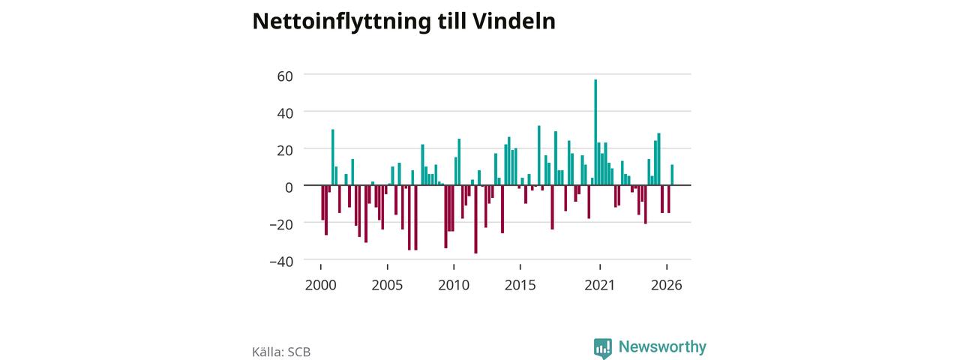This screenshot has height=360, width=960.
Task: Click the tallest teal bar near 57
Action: point(595,133)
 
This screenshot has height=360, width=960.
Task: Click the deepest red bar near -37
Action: point(475,219)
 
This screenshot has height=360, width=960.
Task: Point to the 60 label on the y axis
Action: point(285,76)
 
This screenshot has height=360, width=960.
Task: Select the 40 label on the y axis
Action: point(285,113)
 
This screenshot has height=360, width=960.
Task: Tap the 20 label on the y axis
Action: point(285,151)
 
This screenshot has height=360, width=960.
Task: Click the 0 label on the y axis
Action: point(289,187)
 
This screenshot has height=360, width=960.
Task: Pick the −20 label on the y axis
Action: point(281,224)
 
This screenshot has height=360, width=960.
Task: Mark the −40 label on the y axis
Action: point(281,262)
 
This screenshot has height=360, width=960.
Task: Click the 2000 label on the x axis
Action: point(320,285)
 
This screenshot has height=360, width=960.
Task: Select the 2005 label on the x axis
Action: point(387,285)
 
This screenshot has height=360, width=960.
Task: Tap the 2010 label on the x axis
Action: point(454,285)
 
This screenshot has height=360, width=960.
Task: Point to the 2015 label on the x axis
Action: point(520,285)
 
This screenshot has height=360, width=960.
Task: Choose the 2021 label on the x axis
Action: point(599,285)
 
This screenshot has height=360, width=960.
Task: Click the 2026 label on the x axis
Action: point(667,285)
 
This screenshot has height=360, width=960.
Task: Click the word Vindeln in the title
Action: point(514,21)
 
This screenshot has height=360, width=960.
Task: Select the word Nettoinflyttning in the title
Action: point(341,22)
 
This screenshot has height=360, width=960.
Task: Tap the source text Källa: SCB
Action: point(281,352)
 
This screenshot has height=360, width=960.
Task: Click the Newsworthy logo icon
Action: point(602,348)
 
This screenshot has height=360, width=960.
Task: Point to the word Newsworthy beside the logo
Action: point(662,346)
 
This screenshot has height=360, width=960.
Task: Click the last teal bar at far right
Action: point(672,175)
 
